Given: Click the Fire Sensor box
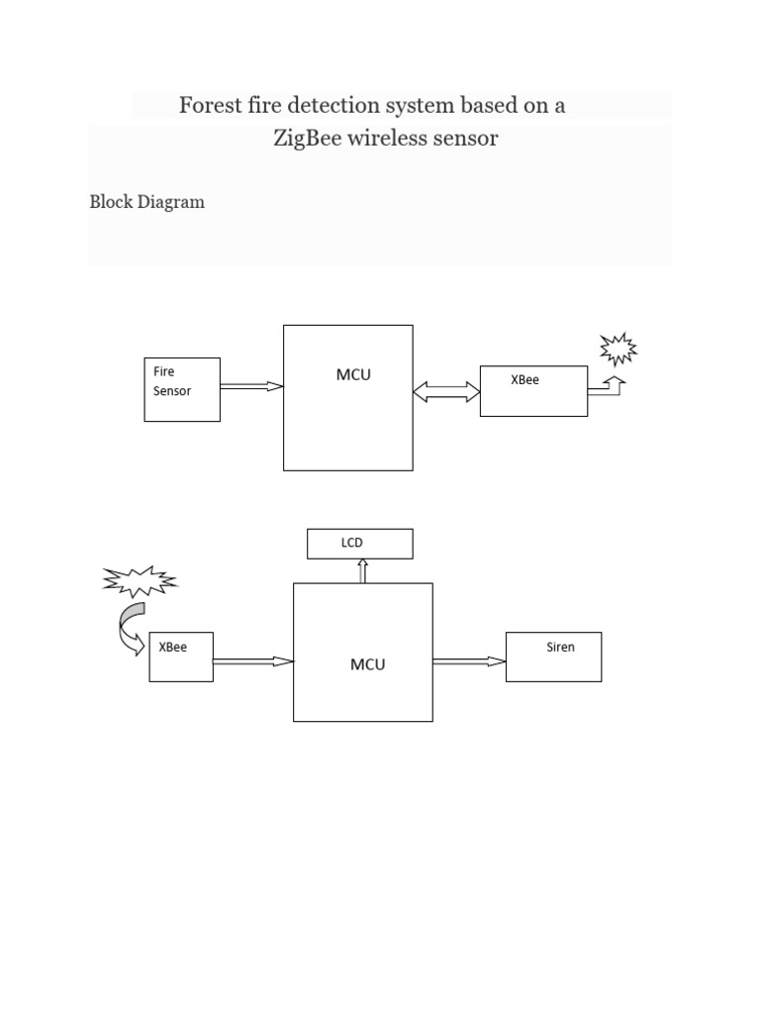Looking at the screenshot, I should (x=182, y=389).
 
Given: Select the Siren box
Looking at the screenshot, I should (x=553, y=657).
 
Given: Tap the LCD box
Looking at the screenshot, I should (x=359, y=544).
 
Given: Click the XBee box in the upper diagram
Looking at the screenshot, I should (x=533, y=390).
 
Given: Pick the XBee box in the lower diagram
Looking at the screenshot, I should (x=181, y=658).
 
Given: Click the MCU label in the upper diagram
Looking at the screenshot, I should (x=353, y=375).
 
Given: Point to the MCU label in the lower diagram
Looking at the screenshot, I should (x=367, y=664).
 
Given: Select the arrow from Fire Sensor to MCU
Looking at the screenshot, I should (x=251, y=387).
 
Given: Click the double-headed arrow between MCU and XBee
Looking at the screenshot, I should (x=446, y=393).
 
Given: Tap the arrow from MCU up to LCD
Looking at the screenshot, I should (x=363, y=570).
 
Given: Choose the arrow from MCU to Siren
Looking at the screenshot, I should (x=469, y=661).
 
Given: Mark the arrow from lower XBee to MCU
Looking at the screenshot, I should (x=253, y=661).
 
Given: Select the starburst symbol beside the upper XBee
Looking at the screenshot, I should (x=618, y=350).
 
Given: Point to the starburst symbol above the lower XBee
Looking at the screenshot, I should (x=140, y=581).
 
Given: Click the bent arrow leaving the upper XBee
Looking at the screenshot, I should (x=606, y=387).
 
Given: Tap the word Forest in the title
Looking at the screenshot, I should (x=210, y=105).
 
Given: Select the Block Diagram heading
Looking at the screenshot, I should (x=147, y=202).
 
